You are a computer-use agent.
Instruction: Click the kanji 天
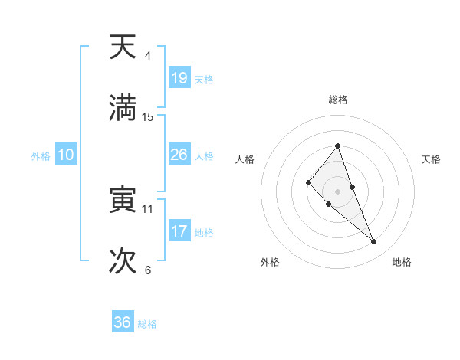click(x=123, y=47)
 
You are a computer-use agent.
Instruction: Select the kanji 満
click(x=123, y=108)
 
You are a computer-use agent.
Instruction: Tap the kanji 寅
click(x=123, y=201)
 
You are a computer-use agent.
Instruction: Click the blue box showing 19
click(x=179, y=78)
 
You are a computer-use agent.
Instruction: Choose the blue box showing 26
click(x=179, y=155)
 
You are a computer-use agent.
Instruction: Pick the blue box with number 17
click(x=179, y=231)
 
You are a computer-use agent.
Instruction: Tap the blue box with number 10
click(x=65, y=155)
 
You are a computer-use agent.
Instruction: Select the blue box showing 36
click(x=123, y=322)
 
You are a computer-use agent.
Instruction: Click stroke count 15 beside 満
click(x=148, y=117)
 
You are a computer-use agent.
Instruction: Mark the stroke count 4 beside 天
click(x=148, y=56)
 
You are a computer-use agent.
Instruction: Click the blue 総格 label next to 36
click(x=147, y=324)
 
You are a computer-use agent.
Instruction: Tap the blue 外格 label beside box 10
click(x=41, y=155)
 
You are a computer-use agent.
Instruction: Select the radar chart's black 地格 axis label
click(x=402, y=262)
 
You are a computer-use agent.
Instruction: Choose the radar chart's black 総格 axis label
click(x=337, y=100)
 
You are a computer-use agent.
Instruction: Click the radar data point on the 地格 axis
click(x=374, y=241)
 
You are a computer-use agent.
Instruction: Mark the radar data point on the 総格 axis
click(x=337, y=146)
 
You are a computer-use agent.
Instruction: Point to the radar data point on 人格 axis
click(x=308, y=182)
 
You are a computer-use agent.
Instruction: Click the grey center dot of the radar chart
click(x=337, y=191)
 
